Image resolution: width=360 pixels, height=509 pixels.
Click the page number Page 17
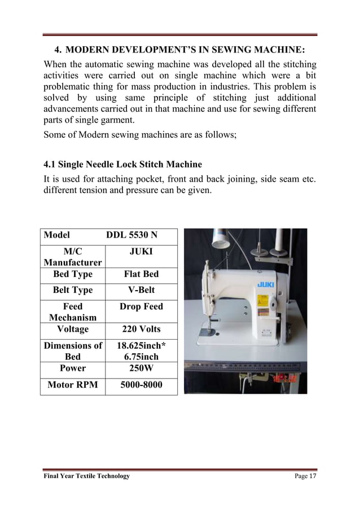[305, 476]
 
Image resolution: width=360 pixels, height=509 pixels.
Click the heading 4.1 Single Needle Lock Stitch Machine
[122, 165]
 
